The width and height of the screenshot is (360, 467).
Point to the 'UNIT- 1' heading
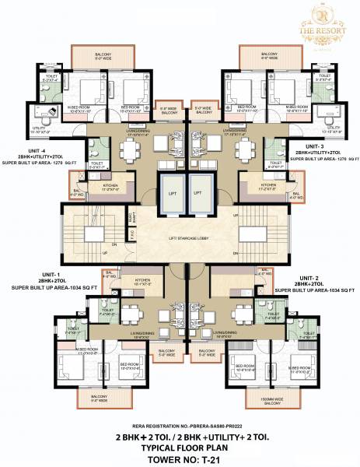coord(52,276)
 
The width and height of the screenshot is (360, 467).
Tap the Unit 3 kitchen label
coord(257,187)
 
